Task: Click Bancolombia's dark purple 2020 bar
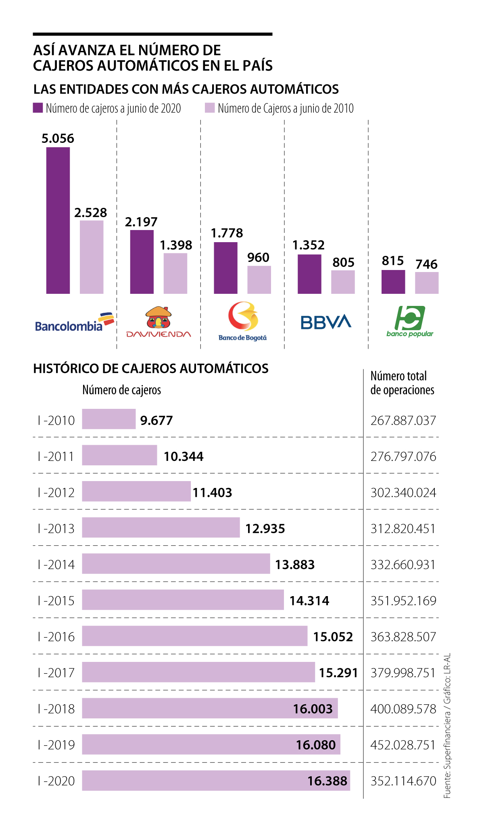click(x=58, y=220)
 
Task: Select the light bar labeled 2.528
click(x=92, y=257)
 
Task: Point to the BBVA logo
click(x=326, y=322)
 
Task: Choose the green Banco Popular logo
click(x=410, y=321)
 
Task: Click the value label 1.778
click(x=227, y=233)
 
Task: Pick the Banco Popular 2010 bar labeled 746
click(x=427, y=283)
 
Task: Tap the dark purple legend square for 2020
click(x=38, y=108)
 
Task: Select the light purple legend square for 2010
click(x=210, y=108)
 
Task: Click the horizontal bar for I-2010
click(x=109, y=419)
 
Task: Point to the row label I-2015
click(x=56, y=601)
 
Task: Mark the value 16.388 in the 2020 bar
click(x=327, y=781)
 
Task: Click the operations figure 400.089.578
click(x=403, y=709)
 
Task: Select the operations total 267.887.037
click(x=403, y=421)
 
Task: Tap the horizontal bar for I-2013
click(x=161, y=527)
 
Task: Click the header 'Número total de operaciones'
click(x=402, y=383)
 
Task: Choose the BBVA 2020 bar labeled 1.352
click(x=309, y=274)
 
